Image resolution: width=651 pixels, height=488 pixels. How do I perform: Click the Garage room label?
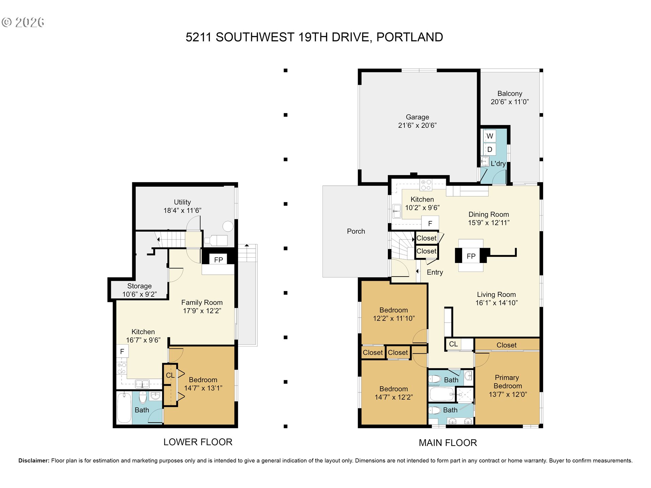coord(417,117)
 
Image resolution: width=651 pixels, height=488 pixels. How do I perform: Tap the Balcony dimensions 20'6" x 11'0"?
coord(510,102)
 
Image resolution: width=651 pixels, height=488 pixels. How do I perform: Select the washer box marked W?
coord(490,136)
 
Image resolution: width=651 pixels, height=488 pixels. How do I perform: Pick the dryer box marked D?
coord(490,149)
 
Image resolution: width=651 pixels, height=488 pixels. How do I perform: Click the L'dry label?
coord(498,164)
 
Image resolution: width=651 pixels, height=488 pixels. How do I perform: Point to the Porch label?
coord(356,231)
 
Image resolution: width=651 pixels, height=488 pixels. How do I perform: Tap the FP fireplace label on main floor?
coord(471,256)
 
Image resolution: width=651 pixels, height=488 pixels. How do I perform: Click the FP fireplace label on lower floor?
coord(218,260)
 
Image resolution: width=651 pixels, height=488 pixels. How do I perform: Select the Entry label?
coord(435,272)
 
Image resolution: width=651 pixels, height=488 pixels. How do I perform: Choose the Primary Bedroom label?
coord(508,382)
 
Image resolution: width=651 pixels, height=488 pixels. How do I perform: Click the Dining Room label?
coord(489,215)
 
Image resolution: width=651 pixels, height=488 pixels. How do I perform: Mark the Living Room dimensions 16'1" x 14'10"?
coord(496,303)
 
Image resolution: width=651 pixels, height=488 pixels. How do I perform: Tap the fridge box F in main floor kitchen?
coord(430,223)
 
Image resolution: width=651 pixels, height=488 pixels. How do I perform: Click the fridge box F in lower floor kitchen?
coord(122,351)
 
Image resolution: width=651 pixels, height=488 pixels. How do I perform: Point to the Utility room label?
coord(182,202)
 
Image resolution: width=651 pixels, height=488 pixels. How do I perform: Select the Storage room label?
coord(139,286)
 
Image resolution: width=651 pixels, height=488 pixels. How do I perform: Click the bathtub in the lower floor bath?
coord(124,408)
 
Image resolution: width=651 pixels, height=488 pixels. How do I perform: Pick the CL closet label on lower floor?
coord(170,375)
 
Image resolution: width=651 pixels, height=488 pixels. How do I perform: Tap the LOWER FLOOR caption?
coord(198,442)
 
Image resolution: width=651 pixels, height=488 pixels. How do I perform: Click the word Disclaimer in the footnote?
coord(34,461)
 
